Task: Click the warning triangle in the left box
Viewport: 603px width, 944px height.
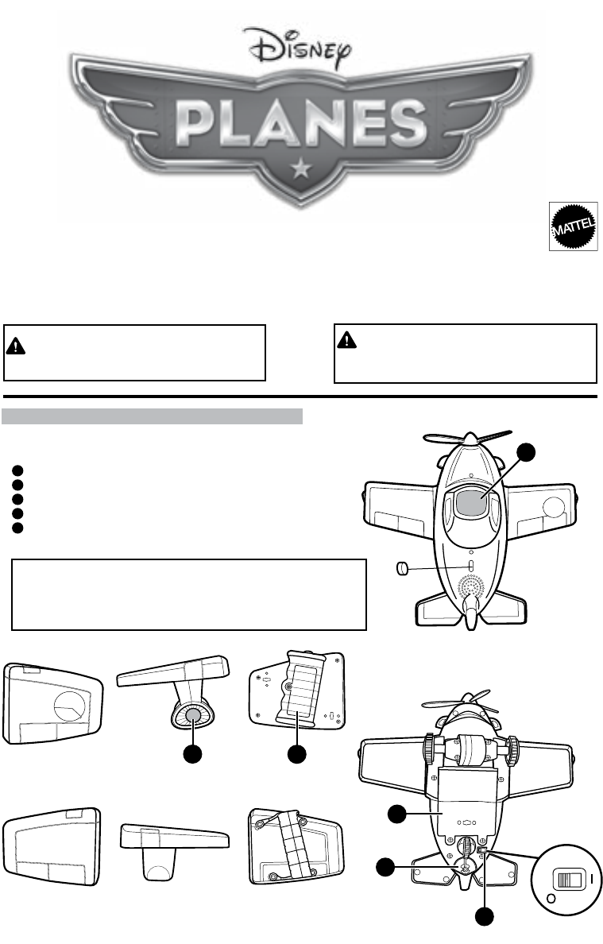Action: click(x=17, y=344)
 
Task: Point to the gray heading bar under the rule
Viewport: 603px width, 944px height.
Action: click(x=153, y=417)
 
